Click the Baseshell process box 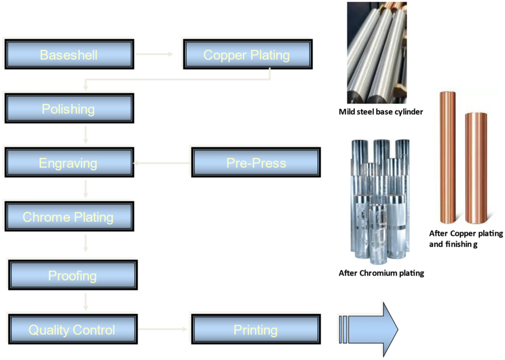pyautogui.click(x=69, y=55)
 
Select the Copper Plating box pyautogui.click(x=247, y=55)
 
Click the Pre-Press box pyautogui.click(x=256, y=163)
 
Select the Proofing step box pyautogui.click(x=73, y=276)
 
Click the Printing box pyautogui.click(x=255, y=330)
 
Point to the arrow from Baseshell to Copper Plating pyautogui.click(x=155, y=54)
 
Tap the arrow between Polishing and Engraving pyautogui.click(x=86, y=135)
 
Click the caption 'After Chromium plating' pyautogui.click(x=381, y=273)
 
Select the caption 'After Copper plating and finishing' pyautogui.click(x=465, y=238)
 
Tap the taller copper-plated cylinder pyautogui.click(x=447, y=156)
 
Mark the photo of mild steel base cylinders pyautogui.click(x=377, y=53)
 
